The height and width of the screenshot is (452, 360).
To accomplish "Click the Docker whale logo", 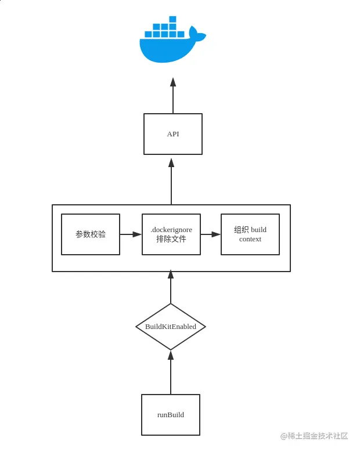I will point(168,46).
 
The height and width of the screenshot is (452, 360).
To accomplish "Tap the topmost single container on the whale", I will point(172,19).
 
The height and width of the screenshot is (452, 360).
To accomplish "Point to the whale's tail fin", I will point(197,35).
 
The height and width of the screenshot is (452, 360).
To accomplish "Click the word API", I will point(173,134).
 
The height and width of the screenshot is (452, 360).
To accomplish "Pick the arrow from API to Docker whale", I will point(173,96).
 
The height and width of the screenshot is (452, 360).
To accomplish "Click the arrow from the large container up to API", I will point(171,181).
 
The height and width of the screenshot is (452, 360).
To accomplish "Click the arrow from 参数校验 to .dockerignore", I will point(131,234).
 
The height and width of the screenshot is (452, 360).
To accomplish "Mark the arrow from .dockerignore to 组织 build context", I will point(211,234).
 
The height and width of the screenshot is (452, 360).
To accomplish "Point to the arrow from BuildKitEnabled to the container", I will point(171,287).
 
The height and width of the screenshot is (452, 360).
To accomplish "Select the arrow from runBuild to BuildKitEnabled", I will point(171,373).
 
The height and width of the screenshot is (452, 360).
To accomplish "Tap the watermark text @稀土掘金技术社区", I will point(314,436).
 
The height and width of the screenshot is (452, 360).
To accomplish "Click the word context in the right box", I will point(250,239).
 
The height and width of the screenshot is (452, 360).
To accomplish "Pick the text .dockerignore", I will point(171,230).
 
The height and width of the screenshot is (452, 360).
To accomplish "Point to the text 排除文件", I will point(171,239).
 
